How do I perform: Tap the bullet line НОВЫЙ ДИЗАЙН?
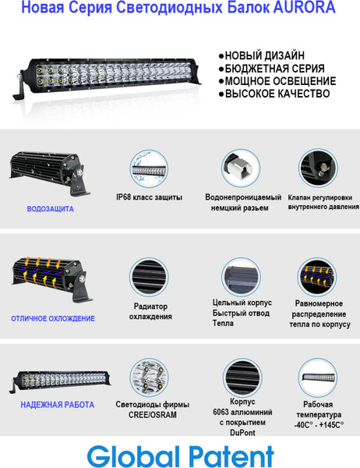point(265,56)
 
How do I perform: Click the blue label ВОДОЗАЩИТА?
point(50,209)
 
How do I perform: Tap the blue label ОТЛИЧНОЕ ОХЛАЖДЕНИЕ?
point(53,318)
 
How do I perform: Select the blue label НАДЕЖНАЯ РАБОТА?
point(58,405)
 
